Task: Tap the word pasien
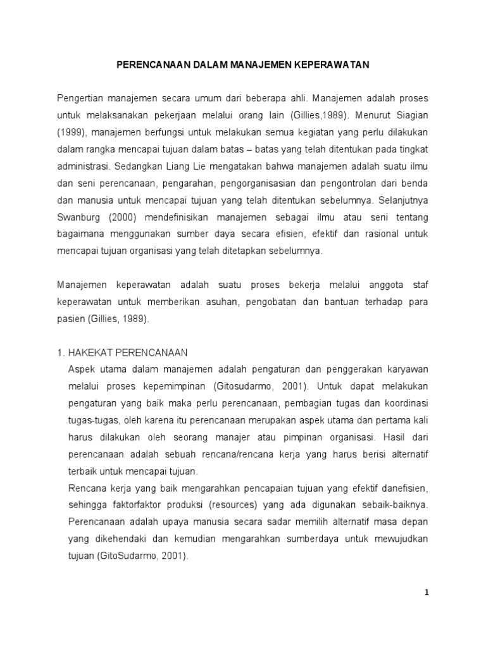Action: pos(70,320)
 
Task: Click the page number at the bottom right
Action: pos(427,593)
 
